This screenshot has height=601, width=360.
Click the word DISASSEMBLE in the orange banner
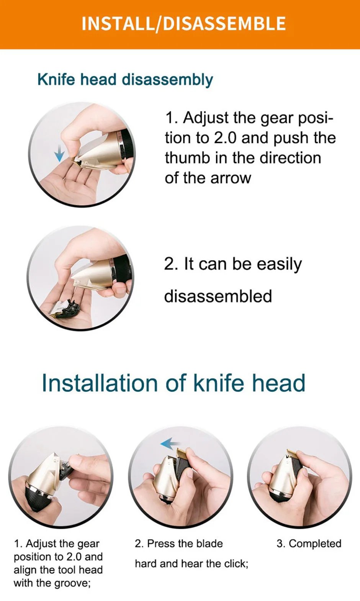[224, 24]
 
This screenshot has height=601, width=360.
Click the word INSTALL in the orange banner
[117, 24]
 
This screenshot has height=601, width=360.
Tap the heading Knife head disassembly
[125, 80]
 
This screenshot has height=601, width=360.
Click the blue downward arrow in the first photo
[59, 154]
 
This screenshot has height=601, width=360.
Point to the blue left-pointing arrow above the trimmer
[169, 444]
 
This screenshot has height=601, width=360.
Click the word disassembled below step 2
[218, 296]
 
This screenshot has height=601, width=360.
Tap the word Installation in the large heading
[100, 383]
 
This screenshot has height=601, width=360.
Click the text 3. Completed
[309, 544]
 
